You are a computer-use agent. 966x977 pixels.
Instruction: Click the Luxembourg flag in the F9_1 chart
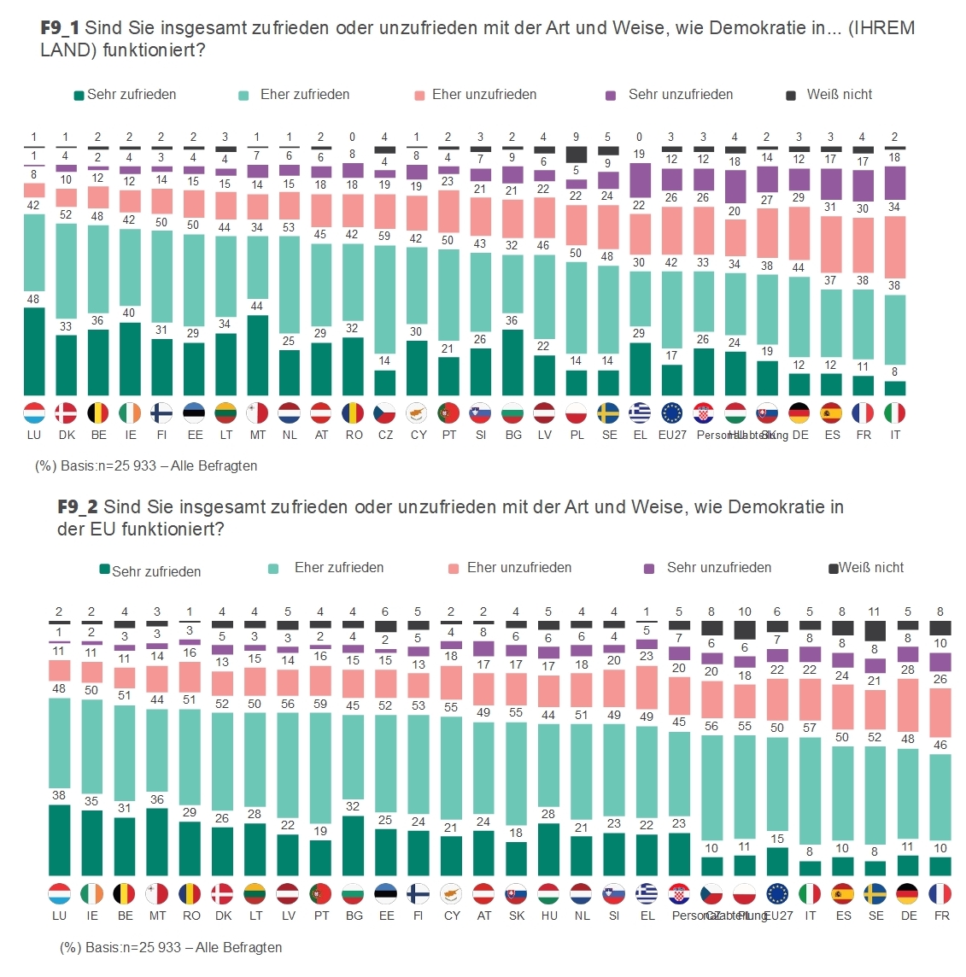[x=34, y=413]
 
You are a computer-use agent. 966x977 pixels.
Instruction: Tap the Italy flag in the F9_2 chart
[x=810, y=894]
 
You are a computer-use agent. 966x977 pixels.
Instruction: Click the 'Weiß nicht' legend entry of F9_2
[x=866, y=568]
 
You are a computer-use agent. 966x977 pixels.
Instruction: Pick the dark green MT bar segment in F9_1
[x=257, y=355]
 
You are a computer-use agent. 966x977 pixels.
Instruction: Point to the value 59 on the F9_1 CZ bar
[x=384, y=236]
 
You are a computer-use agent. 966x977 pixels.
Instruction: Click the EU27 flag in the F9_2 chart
[x=777, y=894]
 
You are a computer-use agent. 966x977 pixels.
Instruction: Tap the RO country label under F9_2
[x=191, y=916]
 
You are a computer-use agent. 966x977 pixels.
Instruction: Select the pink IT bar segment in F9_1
[x=895, y=248]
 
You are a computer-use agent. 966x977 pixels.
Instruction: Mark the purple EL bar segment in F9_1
[x=639, y=179]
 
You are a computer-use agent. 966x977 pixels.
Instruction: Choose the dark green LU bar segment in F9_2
[x=59, y=840]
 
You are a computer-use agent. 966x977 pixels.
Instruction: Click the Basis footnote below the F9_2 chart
[x=171, y=947]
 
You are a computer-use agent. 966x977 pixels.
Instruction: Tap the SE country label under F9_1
[x=609, y=435]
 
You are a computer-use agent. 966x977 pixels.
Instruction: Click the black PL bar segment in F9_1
[x=577, y=155]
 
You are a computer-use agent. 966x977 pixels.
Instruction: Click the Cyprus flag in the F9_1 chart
[x=418, y=413]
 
